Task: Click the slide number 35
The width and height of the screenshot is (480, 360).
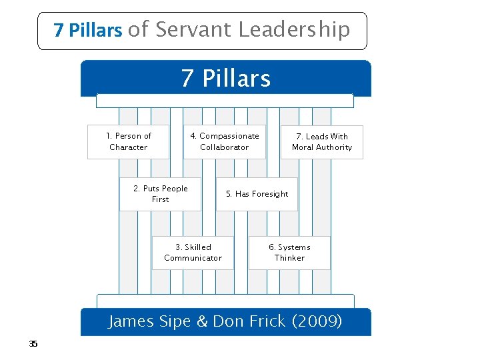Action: pos(33,344)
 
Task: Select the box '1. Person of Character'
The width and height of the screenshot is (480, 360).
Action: pos(129,141)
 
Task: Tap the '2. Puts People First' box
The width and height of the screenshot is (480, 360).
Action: pos(160,194)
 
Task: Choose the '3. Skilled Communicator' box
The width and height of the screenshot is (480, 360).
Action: pos(193,253)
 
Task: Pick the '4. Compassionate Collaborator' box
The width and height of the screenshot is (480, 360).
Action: pos(225,141)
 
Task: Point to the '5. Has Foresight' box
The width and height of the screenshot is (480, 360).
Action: pos(257,194)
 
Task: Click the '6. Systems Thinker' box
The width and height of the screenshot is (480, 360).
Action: pos(289,253)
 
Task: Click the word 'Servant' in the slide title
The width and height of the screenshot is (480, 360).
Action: pos(193,29)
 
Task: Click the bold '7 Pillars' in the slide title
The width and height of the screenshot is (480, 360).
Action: pos(88,31)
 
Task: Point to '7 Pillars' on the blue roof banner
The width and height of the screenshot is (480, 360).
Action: pos(226,79)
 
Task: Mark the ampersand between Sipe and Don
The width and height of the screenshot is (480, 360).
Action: pos(202,321)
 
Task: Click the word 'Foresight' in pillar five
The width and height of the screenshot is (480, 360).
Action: pos(269,194)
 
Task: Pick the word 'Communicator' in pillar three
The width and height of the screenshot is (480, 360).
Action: pos(193,258)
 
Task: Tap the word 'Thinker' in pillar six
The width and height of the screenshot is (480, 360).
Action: pos(289,258)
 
